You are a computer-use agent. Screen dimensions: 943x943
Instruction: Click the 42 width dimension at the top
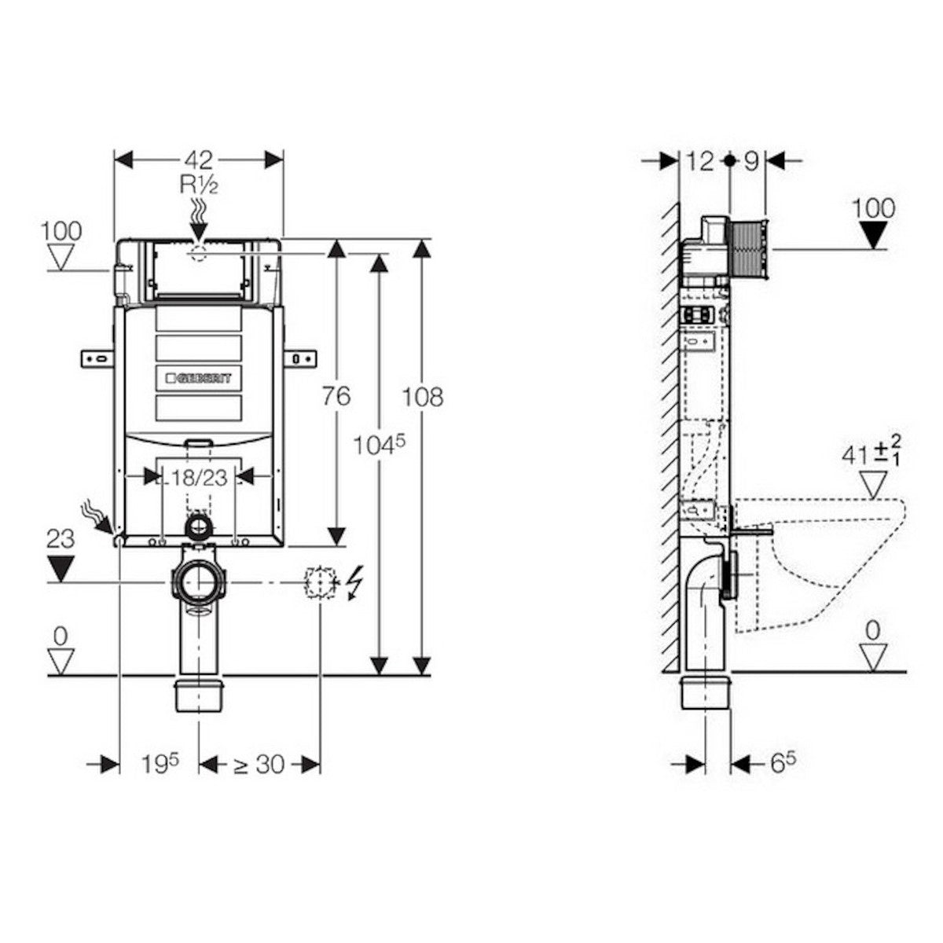point(199,160)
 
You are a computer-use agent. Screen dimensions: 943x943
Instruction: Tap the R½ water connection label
point(199,185)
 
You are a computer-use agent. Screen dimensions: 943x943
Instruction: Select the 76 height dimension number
point(336,395)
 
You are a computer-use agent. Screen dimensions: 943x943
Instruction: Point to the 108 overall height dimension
point(422,396)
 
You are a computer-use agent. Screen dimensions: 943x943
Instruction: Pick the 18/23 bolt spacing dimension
point(199,477)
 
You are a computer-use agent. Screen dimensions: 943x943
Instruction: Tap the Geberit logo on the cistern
point(199,378)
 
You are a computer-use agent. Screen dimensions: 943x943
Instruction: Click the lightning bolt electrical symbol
point(354,582)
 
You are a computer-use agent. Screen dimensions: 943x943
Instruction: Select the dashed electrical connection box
point(320,582)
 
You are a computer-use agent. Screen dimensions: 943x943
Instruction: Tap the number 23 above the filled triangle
point(61,539)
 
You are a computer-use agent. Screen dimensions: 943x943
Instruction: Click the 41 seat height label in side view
point(871,455)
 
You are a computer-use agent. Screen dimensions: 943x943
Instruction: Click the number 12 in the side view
point(700,161)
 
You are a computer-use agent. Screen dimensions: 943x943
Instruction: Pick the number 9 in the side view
point(751,161)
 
